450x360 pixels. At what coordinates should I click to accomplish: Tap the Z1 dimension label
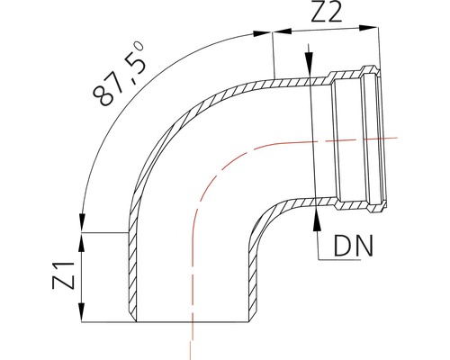point(62,276)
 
